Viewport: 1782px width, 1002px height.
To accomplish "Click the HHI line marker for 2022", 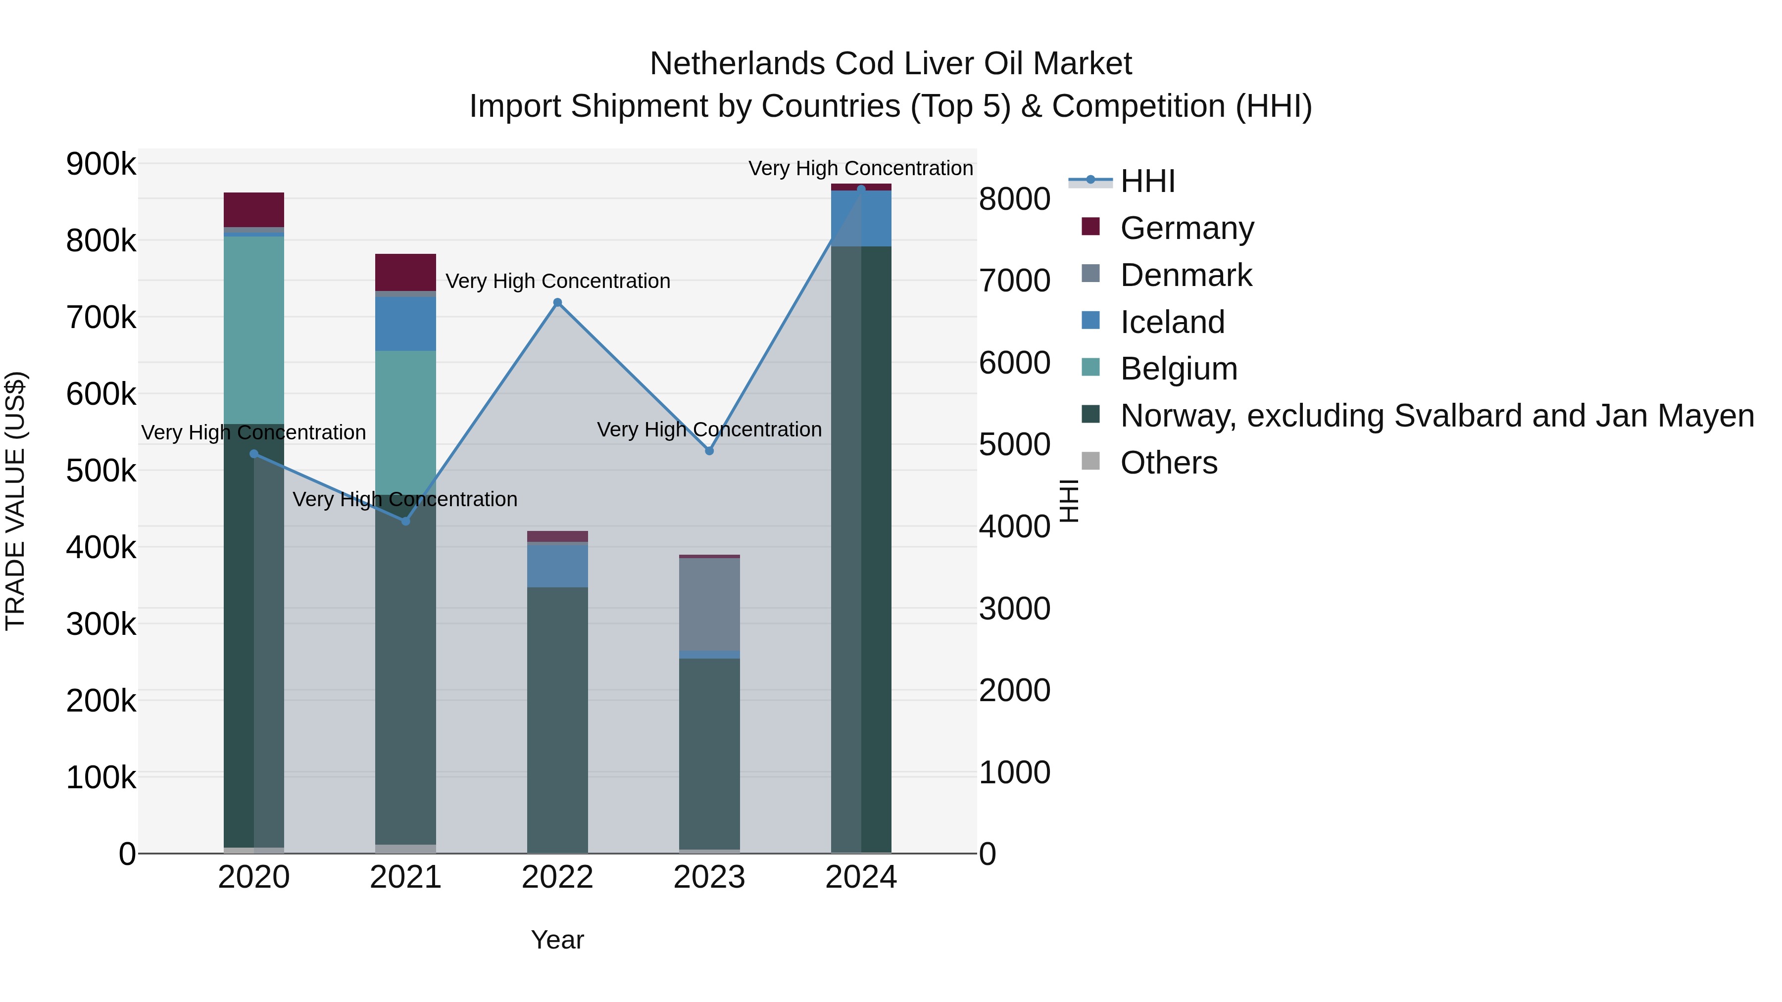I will (557, 303).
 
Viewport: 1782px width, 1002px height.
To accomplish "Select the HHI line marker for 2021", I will (406, 521).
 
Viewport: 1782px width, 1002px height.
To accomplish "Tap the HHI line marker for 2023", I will (709, 451).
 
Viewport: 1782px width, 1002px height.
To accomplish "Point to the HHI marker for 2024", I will (861, 189).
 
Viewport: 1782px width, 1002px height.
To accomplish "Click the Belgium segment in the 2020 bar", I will (254, 330).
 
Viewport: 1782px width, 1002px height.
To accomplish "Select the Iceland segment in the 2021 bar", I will (405, 324).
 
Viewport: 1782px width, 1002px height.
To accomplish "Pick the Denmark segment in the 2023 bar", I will (709, 604).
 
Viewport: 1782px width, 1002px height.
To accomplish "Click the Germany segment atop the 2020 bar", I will (254, 209).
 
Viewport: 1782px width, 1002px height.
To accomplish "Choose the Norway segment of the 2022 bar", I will (557, 719).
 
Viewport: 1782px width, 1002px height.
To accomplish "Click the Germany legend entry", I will (1187, 228).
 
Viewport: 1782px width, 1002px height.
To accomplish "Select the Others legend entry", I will (1168, 463).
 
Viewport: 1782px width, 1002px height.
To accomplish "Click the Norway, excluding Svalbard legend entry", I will (1436, 416).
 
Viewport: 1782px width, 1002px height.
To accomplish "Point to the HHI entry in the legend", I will (1147, 181).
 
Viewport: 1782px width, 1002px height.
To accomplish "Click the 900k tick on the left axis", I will (101, 165).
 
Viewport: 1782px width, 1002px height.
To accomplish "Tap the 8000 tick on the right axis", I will (1015, 199).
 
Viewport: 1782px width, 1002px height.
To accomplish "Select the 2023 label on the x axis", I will (709, 877).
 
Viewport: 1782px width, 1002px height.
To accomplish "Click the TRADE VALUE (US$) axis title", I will (16, 501).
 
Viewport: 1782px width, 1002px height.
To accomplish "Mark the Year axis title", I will (557, 940).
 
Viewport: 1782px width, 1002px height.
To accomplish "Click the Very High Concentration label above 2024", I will (861, 168).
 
